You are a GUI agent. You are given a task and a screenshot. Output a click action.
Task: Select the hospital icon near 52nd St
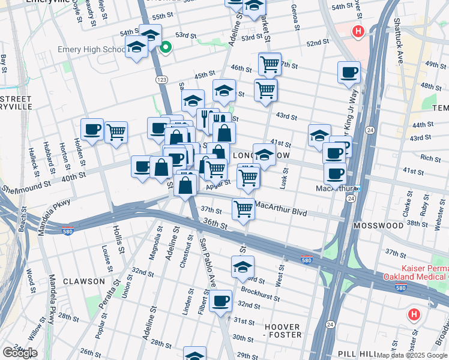(358, 31)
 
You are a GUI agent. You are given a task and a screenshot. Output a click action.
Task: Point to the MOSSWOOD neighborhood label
(379, 226)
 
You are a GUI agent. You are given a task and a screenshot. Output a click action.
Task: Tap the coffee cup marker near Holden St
(92, 130)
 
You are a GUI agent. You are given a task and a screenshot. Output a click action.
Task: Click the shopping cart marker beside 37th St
(243, 209)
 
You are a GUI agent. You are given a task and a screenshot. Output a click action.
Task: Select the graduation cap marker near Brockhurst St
(243, 267)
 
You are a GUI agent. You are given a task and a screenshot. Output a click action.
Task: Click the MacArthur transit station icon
(357, 188)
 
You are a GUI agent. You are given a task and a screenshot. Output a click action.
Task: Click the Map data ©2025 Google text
(411, 356)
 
